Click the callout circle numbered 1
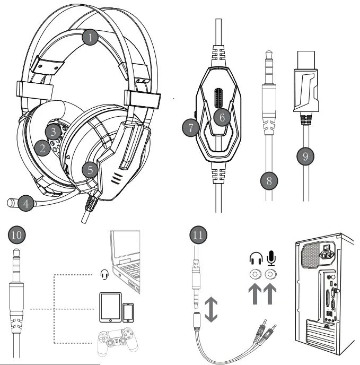[91, 37]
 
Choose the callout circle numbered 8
[269, 181]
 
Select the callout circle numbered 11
[197, 234]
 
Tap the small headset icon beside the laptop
[104, 275]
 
